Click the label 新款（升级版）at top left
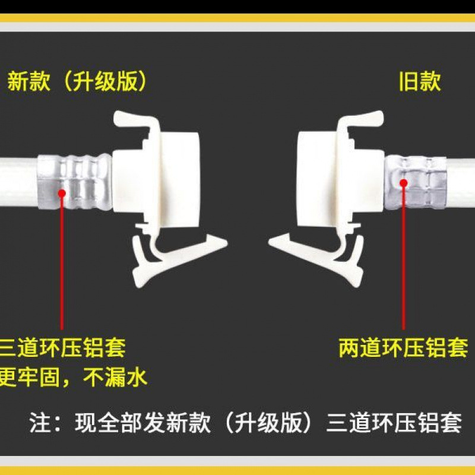[x=77, y=81]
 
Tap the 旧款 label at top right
[x=419, y=81]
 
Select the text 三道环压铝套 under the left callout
[x=63, y=347]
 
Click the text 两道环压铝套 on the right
[x=403, y=347]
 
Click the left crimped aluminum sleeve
[x=75, y=181]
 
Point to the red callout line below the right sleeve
[x=404, y=261]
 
